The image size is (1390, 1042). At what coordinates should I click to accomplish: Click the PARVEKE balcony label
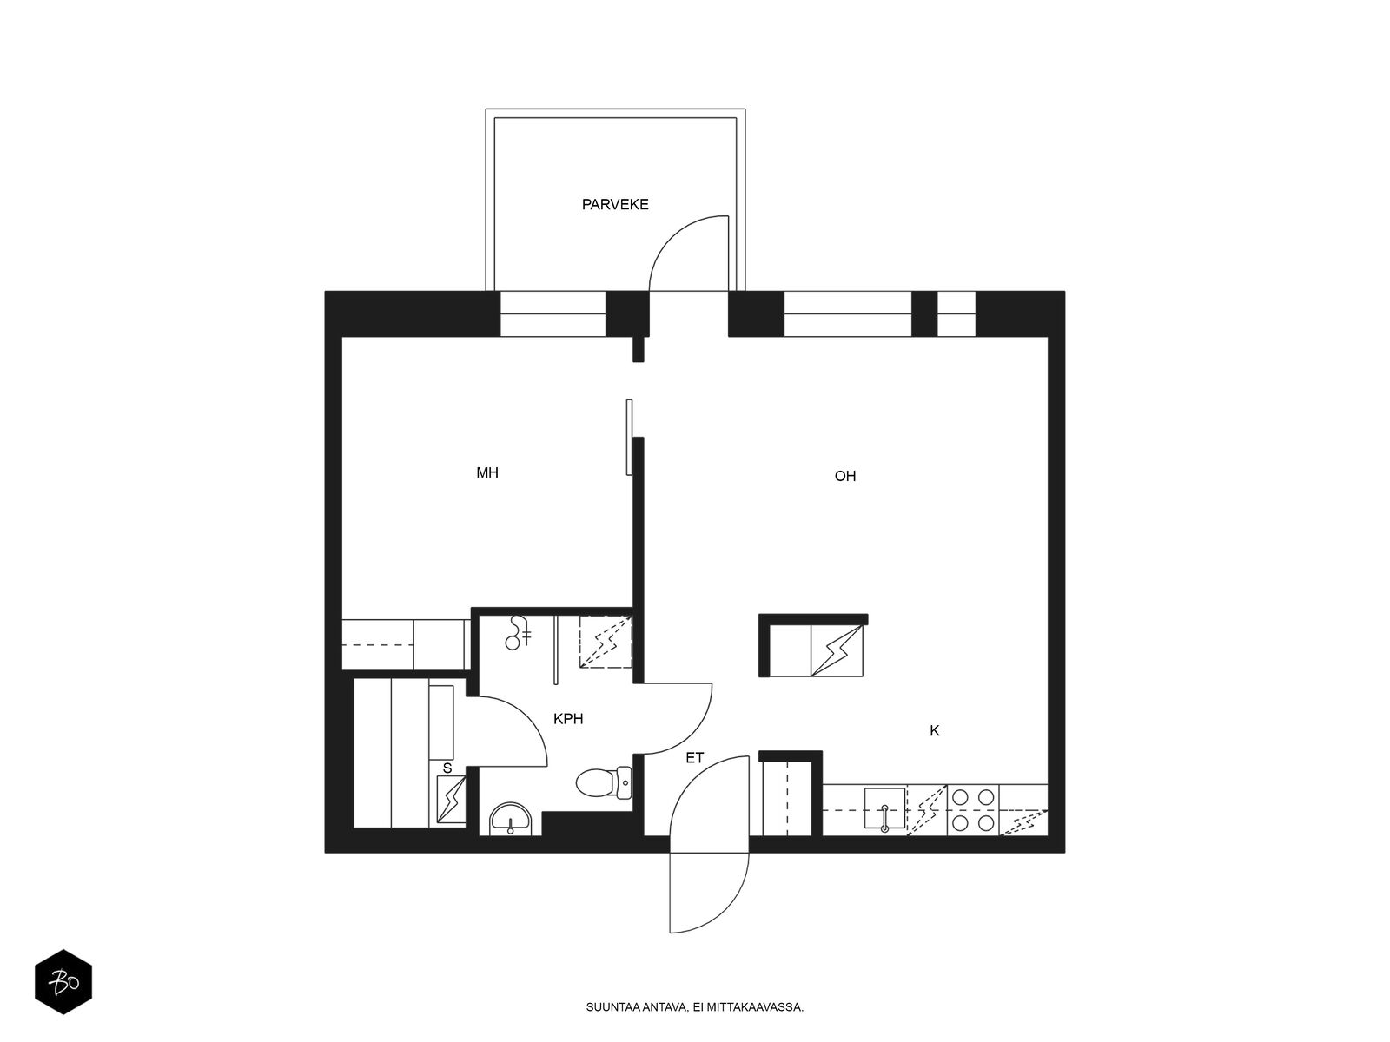[x=615, y=204]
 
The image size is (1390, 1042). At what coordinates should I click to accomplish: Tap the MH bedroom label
[x=487, y=472]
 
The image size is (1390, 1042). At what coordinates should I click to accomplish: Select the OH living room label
[x=844, y=476]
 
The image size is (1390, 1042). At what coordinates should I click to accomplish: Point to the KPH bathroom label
[x=568, y=719]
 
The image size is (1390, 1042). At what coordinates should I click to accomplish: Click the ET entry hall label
[x=695, y=758]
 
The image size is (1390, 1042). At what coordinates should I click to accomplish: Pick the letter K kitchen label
[x=934, y=731]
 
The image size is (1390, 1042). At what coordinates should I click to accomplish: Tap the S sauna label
[x=447, y=768]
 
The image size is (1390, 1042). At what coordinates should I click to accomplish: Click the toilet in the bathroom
[x=604, y=783]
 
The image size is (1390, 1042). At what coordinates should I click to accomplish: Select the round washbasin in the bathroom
[x=512, y=820]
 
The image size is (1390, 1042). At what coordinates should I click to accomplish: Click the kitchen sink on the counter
[x=884, y=808]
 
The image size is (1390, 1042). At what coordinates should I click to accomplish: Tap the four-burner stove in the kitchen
[x=973, y=810]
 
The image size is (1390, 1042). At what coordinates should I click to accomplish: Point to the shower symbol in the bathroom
[x=517, y=633]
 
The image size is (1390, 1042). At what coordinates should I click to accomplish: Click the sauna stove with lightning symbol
[x=452, y=800]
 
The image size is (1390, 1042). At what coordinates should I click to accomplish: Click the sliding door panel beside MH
[x=629, y=437]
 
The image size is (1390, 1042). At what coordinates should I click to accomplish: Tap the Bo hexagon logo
[x=63, y=982]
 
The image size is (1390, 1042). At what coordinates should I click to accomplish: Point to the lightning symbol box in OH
[x=837, y=650]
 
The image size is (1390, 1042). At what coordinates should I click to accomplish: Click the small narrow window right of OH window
[x=956, y=313]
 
